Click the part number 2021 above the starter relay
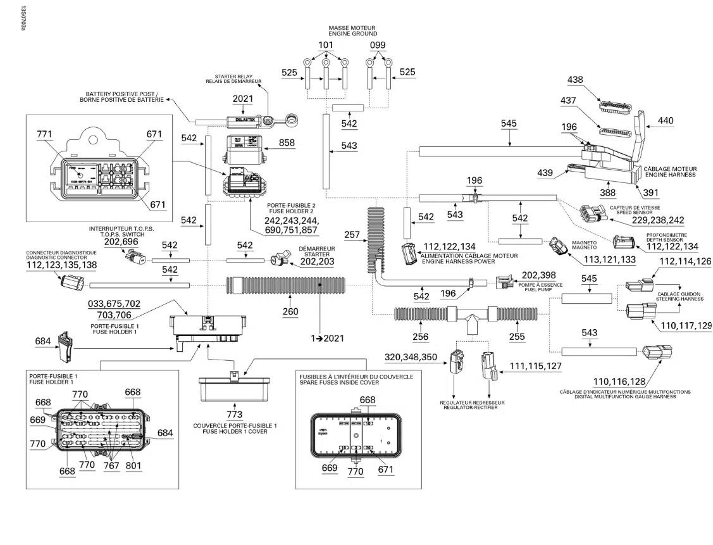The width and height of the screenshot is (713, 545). (242, 99)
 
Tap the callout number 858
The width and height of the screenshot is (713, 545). (287, 144)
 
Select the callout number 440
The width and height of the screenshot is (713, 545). (666, 120)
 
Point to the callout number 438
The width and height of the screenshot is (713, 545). (575, 80)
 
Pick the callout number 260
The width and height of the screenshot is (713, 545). (290, 311)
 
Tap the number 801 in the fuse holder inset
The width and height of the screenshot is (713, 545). (133, 466)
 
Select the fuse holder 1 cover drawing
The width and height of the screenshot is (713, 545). (235, 389)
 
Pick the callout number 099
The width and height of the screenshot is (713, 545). (378, 45)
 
